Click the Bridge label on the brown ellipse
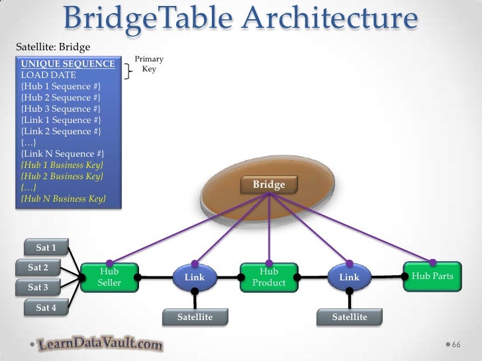269,184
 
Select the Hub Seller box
109,277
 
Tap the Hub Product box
269,277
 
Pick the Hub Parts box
432,276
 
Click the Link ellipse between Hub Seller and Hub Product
195,278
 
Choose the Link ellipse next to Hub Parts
350,278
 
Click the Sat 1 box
46,248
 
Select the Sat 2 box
38,268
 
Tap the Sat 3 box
38,288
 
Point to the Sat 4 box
46,307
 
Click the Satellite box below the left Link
195,317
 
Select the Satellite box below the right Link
350,317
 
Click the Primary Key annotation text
148,64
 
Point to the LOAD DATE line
48,75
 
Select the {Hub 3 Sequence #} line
61,108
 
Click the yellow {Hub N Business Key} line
63,198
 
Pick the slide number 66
456,345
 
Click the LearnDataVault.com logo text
99,344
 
